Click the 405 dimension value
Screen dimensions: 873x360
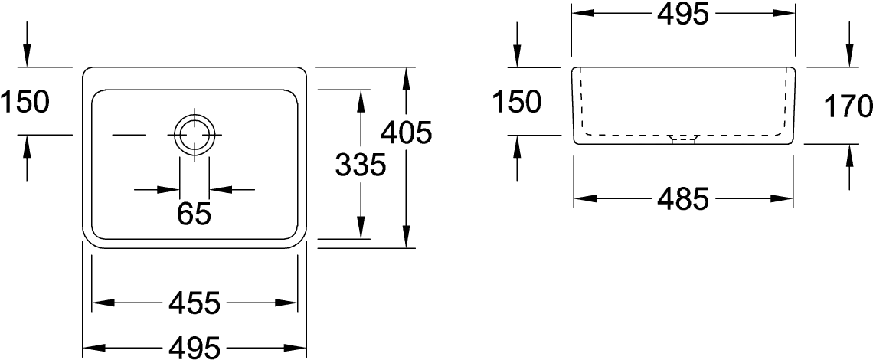pos(407,133)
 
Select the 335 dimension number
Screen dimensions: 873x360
pos(361,165)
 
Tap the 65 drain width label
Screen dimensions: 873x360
pos(195,214)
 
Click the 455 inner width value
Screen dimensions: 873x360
pos(195,303)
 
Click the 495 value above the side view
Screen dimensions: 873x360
pos(682,14)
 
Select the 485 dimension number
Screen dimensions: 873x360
pos(683,198)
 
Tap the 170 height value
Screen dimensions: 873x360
pos(848,106)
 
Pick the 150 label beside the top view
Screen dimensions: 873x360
pos(25,102)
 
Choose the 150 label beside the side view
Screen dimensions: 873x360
pos(517,102)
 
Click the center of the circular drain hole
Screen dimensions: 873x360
pos(195,135)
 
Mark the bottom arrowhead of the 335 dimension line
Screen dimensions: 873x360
pos(361,227)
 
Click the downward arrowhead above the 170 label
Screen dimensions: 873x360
pos(849,56)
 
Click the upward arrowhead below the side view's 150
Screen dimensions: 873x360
pos(517,146)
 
